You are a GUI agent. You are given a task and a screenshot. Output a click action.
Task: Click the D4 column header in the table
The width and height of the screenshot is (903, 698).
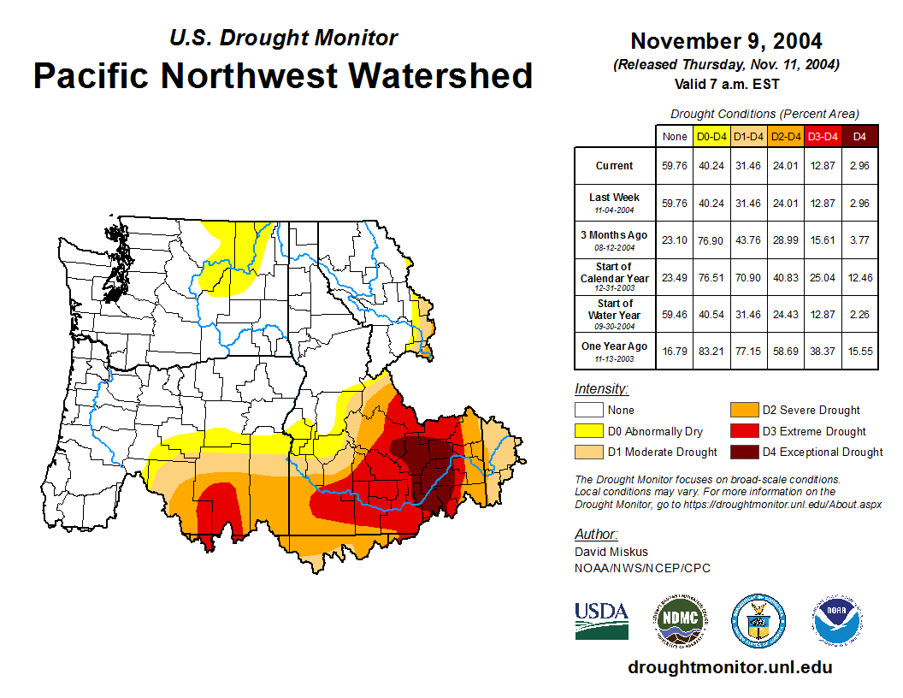pyautogui.click(x=859, y=136)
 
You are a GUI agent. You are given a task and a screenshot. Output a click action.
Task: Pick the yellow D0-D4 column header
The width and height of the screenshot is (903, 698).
pyautogui.click(x=711, y=136)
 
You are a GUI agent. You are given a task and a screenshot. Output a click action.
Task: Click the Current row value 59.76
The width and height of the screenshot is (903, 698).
pyautogui.click(x=675, y=166)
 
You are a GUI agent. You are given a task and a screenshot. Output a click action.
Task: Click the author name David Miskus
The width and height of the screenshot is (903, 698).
pyautogui.click(x=611, y=552)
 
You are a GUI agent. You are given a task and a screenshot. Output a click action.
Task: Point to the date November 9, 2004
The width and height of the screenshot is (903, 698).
pyautogui.click(x=726, y=41)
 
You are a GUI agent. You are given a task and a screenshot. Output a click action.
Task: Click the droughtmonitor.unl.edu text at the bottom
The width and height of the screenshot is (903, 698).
pyautogui.click(x=729, y=667)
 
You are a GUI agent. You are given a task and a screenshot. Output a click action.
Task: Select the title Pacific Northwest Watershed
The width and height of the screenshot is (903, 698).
pyautogui.click(x=283, y=76)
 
